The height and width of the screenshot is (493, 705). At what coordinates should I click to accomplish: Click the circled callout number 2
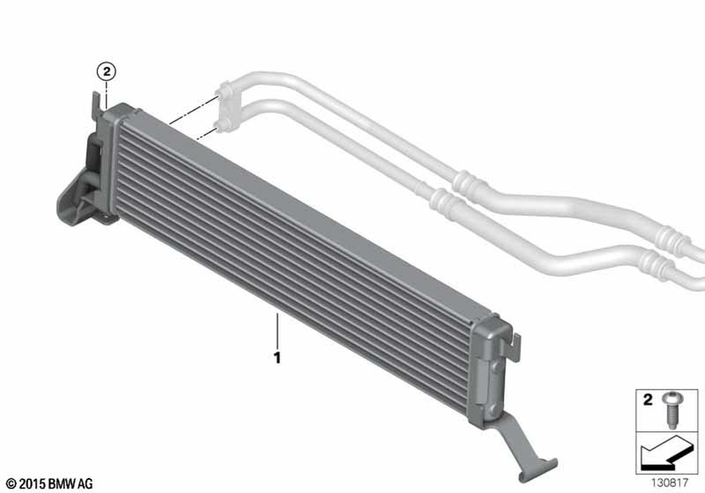106,71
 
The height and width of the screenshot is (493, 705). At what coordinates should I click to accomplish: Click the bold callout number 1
277,358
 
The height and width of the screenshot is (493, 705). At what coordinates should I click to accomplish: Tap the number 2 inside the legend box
647,399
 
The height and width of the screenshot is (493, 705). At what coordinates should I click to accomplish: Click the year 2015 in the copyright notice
32,484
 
